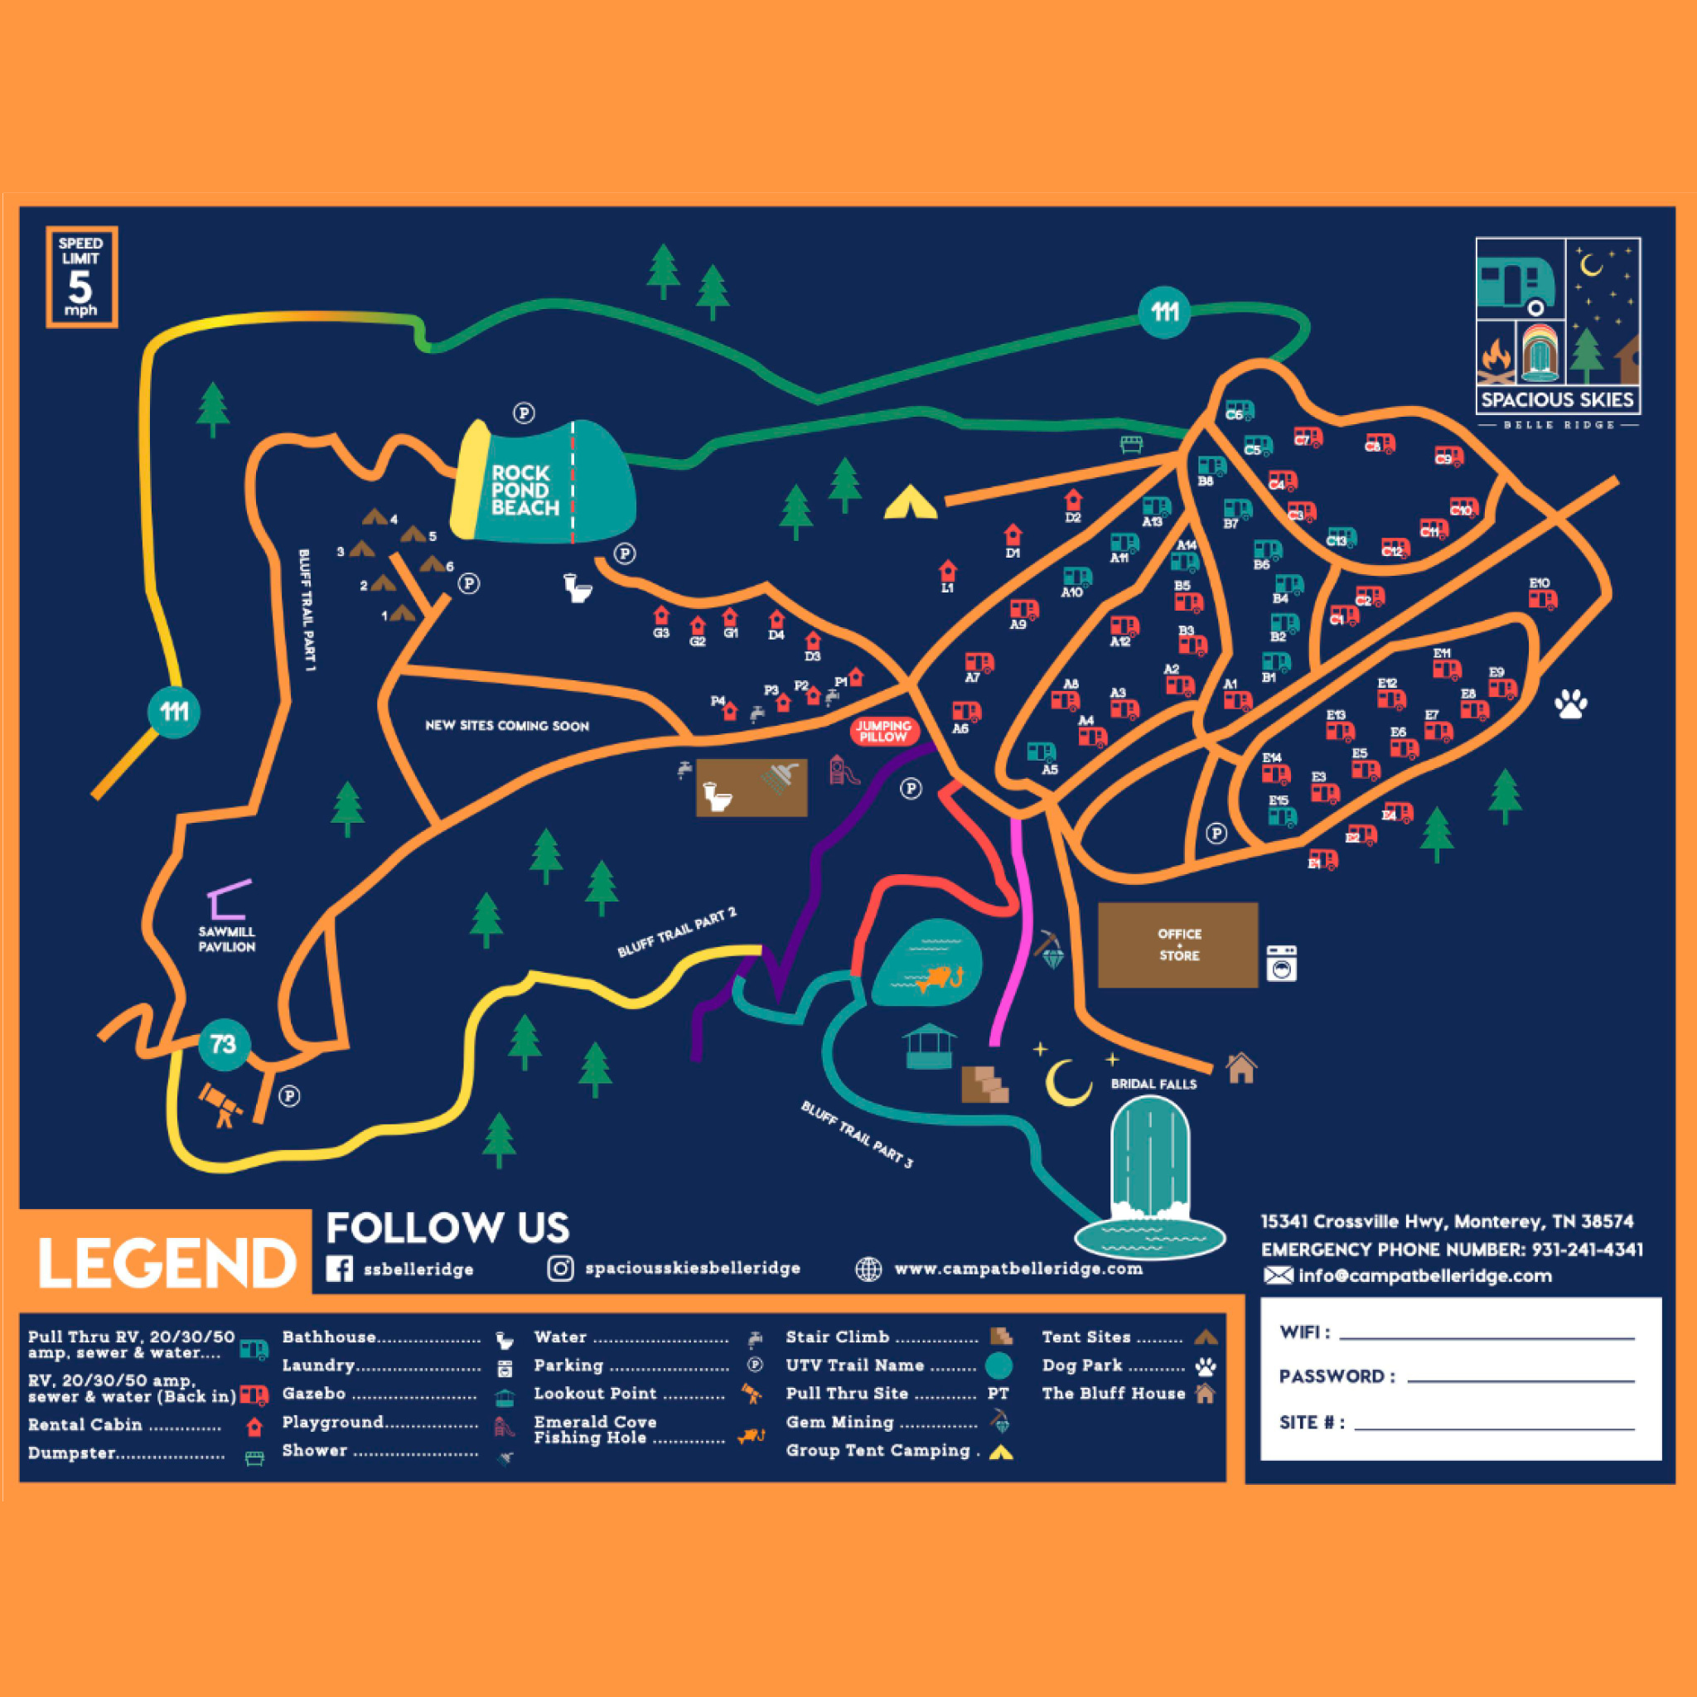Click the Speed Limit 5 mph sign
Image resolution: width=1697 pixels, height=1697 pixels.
pos(81,277)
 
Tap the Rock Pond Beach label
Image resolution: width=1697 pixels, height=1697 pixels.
pos(525,491)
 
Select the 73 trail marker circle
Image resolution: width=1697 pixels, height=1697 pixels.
pos(224,1044)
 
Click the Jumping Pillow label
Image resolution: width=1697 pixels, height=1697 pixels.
pos(883,731)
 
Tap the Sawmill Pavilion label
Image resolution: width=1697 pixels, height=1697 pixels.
pos(226,939)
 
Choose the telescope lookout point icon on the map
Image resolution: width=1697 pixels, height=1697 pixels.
pos(220,1104)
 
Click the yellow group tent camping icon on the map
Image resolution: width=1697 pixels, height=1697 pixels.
pos(910,503)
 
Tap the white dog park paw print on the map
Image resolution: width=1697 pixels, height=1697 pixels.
pos(1570,703)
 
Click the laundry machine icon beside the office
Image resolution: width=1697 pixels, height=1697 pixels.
pos(1281,964)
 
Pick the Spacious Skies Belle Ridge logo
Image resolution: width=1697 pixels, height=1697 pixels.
pos(1557,334)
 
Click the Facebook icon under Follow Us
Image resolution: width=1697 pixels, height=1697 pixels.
pos(339,1269)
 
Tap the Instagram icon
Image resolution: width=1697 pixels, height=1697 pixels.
pos(560,1269)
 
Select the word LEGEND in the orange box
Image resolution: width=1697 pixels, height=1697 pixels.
pos(166,1263)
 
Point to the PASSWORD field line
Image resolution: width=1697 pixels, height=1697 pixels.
pos(1520,1380)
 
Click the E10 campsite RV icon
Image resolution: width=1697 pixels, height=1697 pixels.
pos(1542,600)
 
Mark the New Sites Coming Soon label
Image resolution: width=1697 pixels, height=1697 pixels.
pos(507,726)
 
